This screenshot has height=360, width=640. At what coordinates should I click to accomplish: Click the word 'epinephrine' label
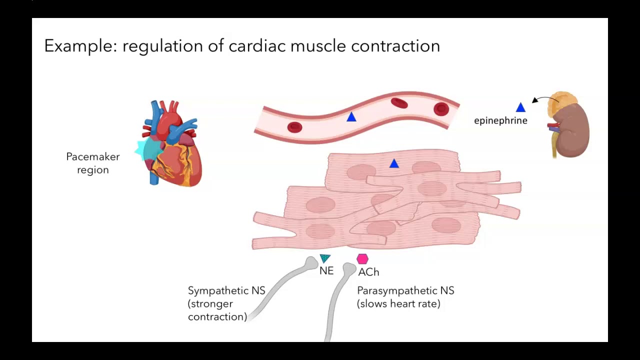pyautogui.click(x=500, y=120)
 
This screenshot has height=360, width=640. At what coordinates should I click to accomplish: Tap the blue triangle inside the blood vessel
pyautogui.click(x=351, y=117)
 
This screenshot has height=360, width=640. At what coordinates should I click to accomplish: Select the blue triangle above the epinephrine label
pyautogui.click(x=520, y=107)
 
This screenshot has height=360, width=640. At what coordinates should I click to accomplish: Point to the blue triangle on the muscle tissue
pyautogui.click(x=394, y=163)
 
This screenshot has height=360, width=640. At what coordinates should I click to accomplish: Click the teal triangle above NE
pyautogui.click(x=325, y=258)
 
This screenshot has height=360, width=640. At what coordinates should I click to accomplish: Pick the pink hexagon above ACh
pyautogui.click(x=362, y=259)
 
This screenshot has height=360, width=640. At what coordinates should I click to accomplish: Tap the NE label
pyautogui.click(x=326, y=271)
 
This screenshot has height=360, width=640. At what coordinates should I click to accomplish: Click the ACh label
pyautogui.click(x=368, y=272)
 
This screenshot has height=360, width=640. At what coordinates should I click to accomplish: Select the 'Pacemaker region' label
pyautogui.click(x=93, y=163)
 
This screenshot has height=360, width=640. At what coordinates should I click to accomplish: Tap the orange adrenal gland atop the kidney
pyautogui.click(x=561, y=105)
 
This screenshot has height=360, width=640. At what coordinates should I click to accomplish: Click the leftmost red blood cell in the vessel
pyautogui.click(x=294, y=127)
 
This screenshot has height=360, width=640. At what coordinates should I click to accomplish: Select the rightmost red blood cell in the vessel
pyautogui.click(x=441, y=109)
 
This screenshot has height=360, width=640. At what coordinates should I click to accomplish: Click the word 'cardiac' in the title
pyautogui.click(x=257, y=45)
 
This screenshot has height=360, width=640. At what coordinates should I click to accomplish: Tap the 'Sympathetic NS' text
pyautogui.click(x=226, y=290)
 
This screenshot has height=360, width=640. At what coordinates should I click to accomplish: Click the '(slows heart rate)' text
pyautogui.click(x=398, y=303)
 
